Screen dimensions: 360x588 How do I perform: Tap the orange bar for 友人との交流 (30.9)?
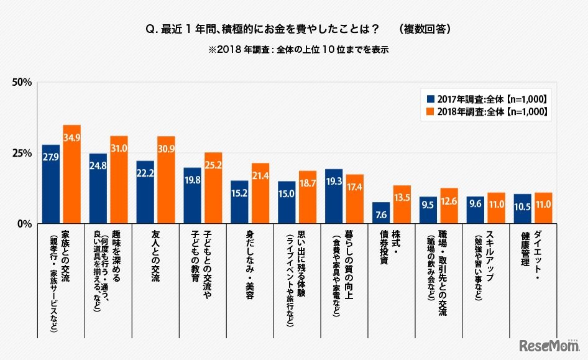[x=166, y=180]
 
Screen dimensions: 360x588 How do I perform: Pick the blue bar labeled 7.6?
[x=381, y=213]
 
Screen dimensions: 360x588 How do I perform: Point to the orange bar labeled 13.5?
[x=402, y=205]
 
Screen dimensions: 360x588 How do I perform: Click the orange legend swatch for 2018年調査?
[x=430, y=112]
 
